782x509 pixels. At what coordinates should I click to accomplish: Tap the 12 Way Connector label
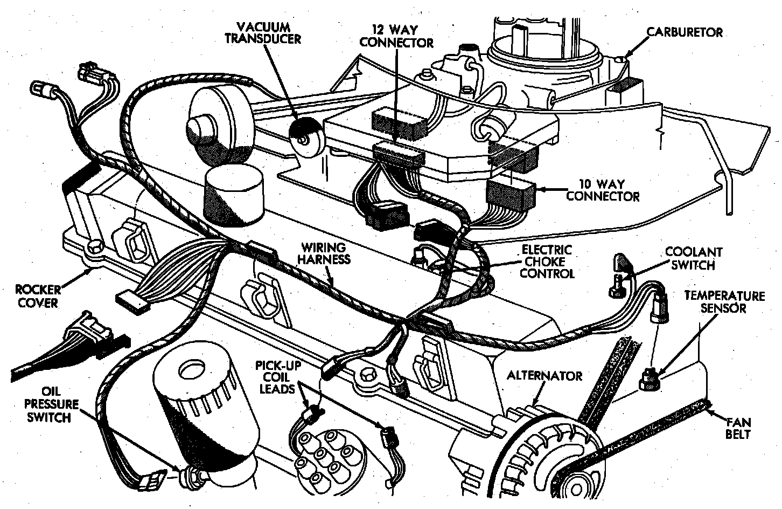(396, 35)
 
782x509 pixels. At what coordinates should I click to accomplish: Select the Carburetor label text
(684, 32)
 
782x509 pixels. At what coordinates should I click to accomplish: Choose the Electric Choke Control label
(546, 262)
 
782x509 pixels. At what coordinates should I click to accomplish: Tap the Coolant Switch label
(693, 258)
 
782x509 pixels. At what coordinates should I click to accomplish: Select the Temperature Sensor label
(724, 302)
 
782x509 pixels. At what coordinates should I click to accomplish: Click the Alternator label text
(544, 376)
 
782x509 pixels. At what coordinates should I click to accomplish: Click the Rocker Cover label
(36, 295)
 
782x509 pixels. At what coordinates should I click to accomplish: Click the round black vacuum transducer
(305, 139)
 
